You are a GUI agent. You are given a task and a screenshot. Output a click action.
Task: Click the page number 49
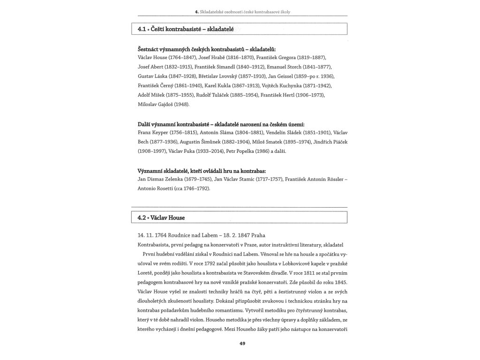[x=242, y=344]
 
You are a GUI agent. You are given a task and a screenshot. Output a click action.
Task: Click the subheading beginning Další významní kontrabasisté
[x=221, y=124]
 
